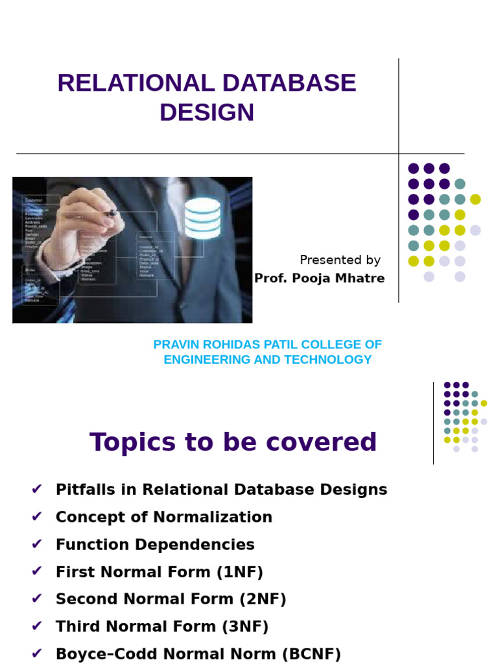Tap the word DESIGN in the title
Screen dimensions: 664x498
coord(207,112)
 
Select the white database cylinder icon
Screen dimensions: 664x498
coord(202,219)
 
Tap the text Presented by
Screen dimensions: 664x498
coord(340,260)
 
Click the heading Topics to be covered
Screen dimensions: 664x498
coord(233,442)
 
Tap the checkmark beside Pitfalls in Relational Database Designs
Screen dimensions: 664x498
coord(36,490)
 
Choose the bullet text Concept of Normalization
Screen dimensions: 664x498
coord(164,517)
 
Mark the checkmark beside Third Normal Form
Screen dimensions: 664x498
coord(36,626)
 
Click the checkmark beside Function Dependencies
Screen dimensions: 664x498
coord(36,545)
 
